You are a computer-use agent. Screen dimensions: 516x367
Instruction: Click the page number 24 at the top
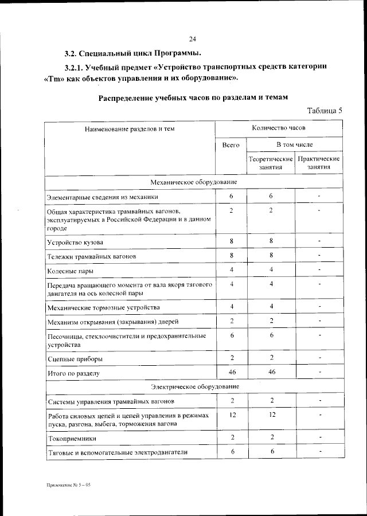point(193,39)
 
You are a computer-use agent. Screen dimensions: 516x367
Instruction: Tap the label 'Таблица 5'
point(325,110)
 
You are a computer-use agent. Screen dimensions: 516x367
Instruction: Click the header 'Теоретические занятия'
point(271,163)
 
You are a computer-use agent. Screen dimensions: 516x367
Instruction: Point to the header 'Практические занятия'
point(319,163)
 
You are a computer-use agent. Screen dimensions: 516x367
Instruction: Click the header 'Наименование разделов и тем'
point(130,129)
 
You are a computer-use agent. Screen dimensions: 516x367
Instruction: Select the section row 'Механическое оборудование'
point(193,182)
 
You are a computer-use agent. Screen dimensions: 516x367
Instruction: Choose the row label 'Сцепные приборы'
point(75,359)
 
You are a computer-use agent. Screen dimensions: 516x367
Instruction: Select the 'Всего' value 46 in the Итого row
point(232,373)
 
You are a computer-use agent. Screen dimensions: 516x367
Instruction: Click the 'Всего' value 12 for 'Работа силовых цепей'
point(232,414)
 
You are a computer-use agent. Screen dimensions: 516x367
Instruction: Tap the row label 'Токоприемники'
point(72,439)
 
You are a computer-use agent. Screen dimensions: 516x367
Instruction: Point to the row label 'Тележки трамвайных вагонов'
point(92,256)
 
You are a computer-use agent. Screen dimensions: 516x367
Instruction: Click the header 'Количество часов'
point(279,128)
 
